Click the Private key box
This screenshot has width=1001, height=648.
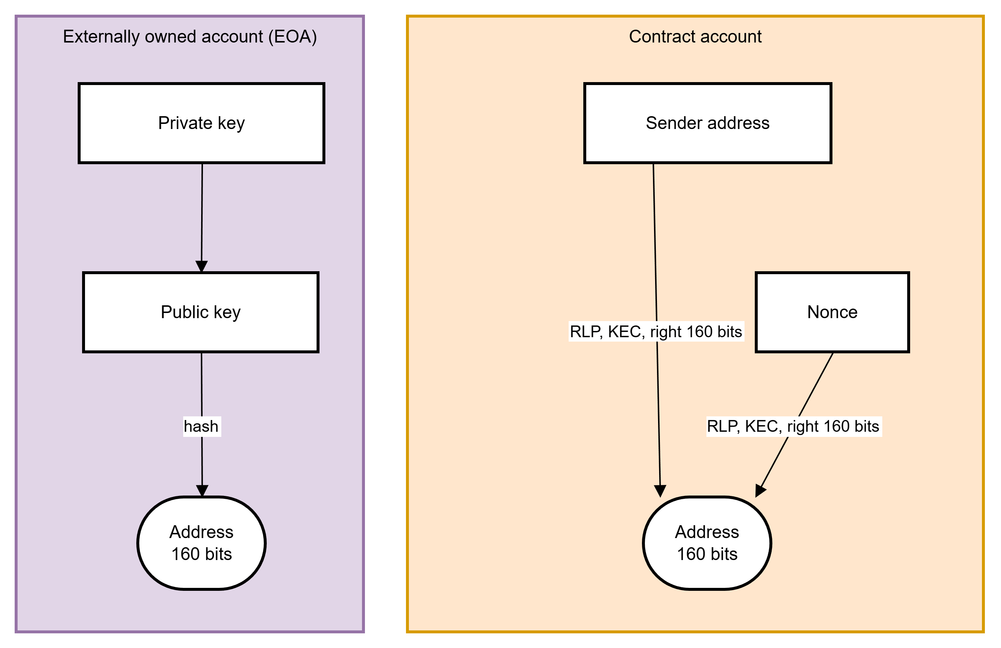201,123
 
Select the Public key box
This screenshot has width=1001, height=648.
201,312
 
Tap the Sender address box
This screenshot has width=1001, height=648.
708,123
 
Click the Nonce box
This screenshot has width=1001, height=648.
832,312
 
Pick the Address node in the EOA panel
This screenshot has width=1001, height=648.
201,543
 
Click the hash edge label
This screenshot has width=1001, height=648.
202,426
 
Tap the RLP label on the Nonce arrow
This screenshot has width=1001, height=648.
793,426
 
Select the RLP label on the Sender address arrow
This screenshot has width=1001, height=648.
656,332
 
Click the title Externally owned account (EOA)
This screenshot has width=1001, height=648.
190,37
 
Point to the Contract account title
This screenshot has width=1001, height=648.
695,37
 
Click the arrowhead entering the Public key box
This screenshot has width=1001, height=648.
202,266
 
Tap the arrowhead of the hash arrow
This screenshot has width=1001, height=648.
202,491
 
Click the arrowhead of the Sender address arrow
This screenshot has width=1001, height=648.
660,491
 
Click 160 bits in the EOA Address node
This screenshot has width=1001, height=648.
202,554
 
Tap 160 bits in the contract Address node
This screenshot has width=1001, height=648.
707,554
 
